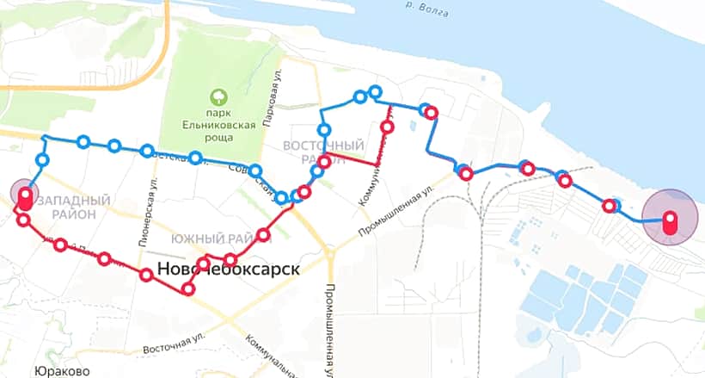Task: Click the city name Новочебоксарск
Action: (x=229, y=269)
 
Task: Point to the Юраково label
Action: (x=63, y=372)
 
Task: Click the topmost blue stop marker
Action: (x=374, y=90)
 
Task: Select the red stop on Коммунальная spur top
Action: (x=387, y=127)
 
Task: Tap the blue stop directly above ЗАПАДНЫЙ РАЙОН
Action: (x=42, y=160)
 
